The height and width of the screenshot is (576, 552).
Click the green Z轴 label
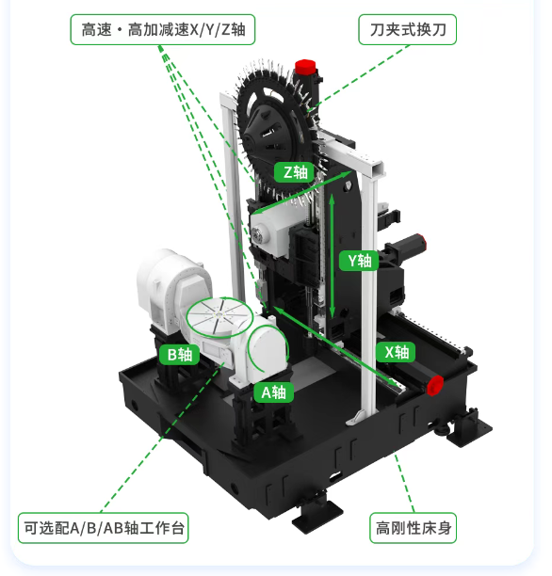point(294,172)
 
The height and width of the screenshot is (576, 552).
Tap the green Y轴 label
point(359,261)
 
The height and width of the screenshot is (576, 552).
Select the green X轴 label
point(396,352)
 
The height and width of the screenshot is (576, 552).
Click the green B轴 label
point(180,355)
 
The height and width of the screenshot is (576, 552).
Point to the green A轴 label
point(273,392)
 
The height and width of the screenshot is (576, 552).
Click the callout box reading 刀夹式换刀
point(408,30)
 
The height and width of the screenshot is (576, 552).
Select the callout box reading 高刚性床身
point(413,528)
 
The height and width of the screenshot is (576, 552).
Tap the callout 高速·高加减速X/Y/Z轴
point(163,30)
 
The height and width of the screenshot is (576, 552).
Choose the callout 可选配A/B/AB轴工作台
point(104,528)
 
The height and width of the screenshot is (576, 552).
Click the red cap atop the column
point(305,67)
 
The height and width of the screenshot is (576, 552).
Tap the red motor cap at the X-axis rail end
point(435,385)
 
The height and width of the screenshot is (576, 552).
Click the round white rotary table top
point(219,316)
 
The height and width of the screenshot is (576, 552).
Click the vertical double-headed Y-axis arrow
point(332,256)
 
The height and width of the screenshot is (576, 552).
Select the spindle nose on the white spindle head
point(257,234)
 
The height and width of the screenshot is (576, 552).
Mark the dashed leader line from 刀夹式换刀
point(362,76)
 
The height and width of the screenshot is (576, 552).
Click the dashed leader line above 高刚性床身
point(404,483)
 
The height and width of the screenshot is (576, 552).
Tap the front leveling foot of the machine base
point(317,509)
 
